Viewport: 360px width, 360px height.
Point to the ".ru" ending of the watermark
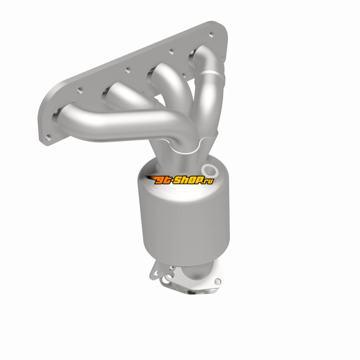pyautogui.click(x=208, y=181)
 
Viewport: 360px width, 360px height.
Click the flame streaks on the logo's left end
pyautogui.click(x=151, y=178)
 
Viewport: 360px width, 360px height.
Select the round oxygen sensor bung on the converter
pyautogui.click(x=209, y=170)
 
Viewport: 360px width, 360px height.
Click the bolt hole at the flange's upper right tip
pyautogui.click(x=211, y=35)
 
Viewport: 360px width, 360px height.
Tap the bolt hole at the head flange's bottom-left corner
pyautogui.click(x=48, y=138)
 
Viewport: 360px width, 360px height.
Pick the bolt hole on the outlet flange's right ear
pyautogui.click(x=217, y=281)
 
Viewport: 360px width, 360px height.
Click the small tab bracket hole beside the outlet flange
pyautogui.click(x=156, y=273)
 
